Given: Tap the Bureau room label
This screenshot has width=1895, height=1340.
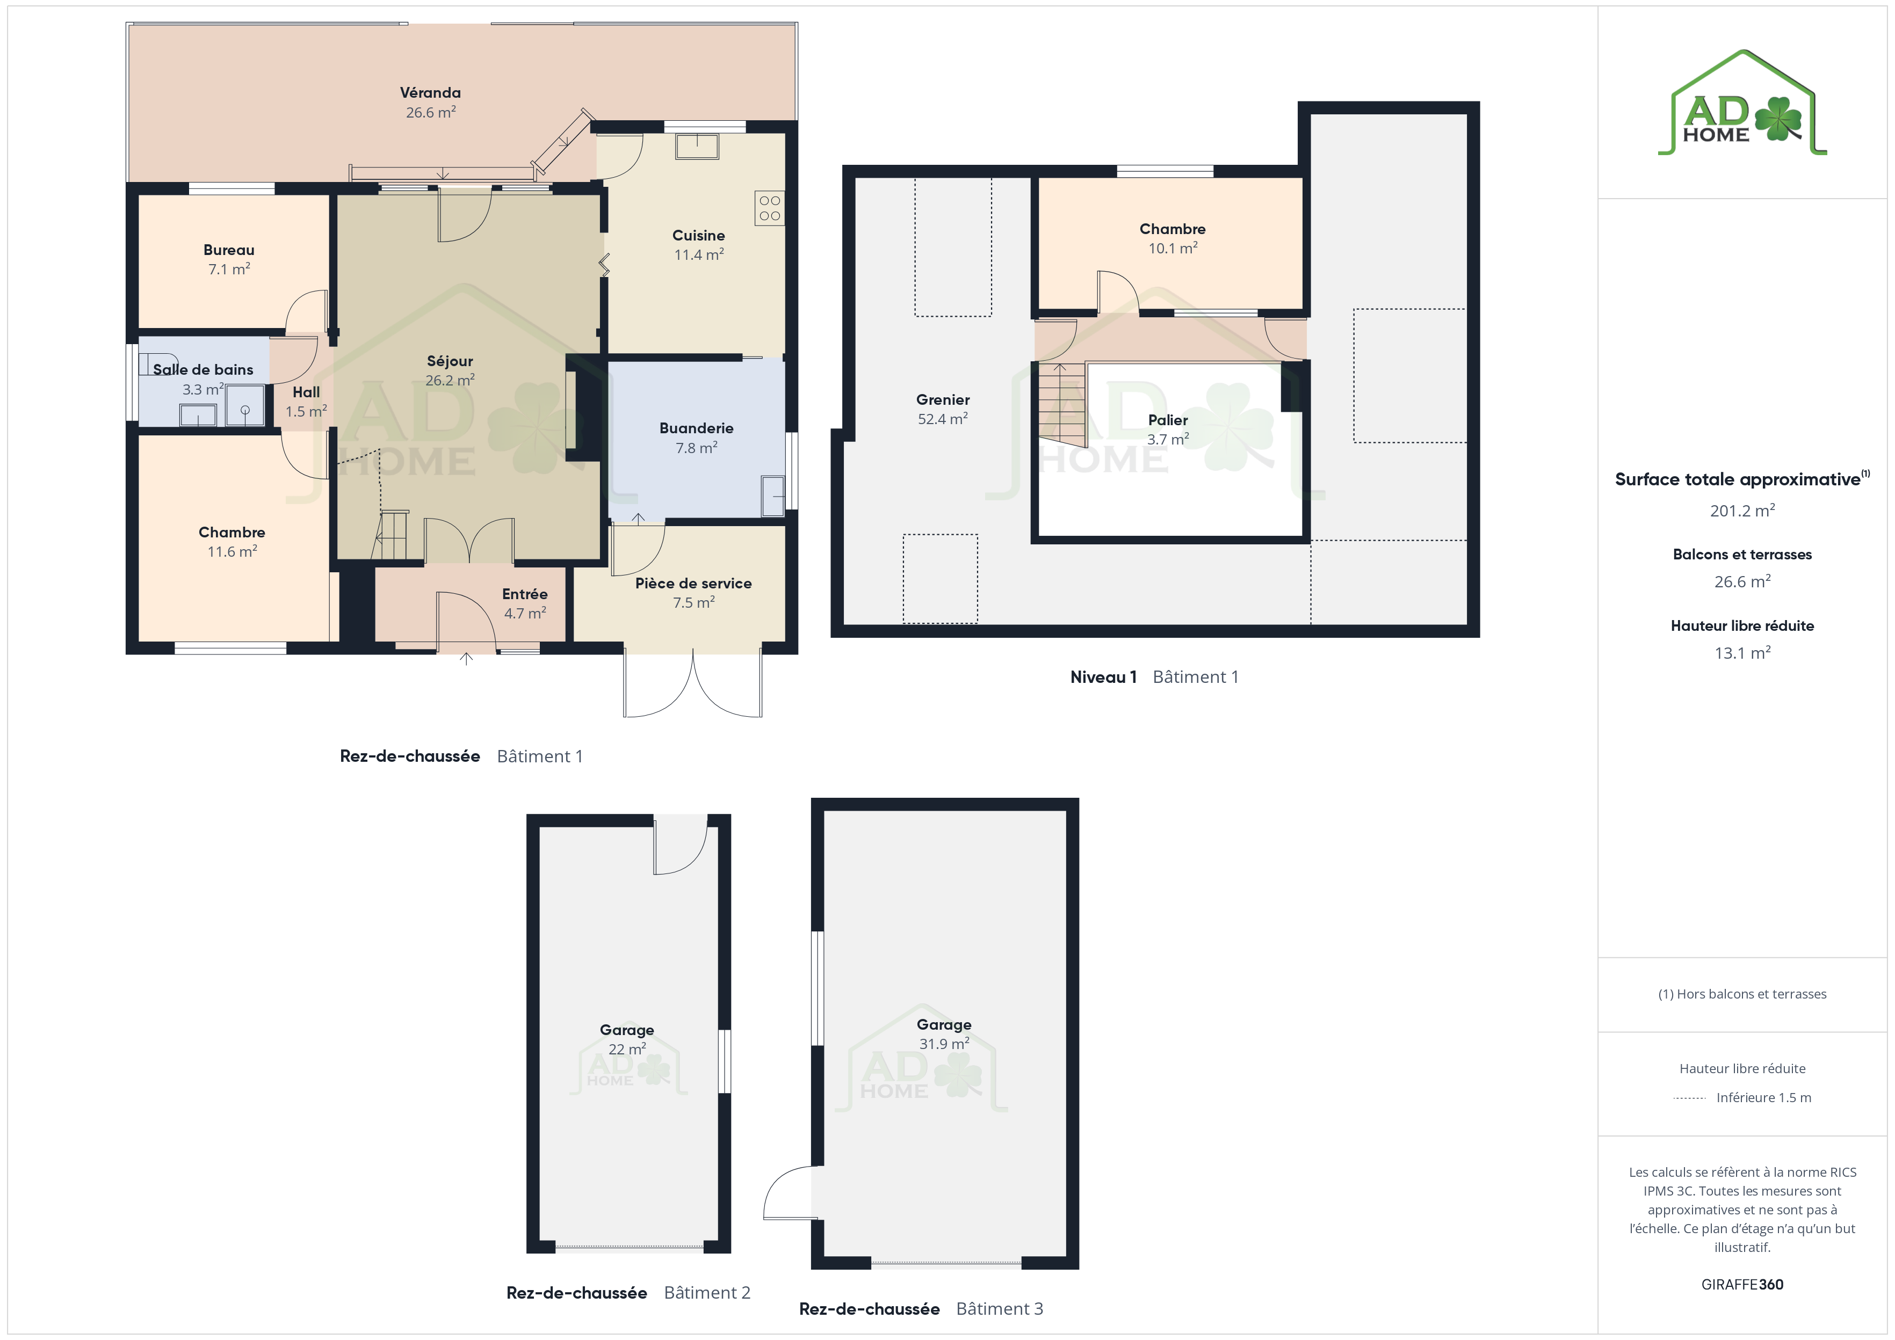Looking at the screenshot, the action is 229,250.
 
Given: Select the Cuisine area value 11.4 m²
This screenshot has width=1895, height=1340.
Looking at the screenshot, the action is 699,254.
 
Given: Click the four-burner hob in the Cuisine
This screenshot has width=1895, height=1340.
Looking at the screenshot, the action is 769,208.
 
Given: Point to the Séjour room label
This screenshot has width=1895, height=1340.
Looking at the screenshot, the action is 450,361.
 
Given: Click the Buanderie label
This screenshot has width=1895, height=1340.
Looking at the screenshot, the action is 696,428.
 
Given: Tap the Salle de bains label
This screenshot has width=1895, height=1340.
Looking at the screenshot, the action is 203,370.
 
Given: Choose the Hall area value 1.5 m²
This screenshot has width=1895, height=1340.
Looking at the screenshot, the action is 306,411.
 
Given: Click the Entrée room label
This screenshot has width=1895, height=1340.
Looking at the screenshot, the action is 525,594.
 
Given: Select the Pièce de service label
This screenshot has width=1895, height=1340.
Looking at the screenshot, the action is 693,584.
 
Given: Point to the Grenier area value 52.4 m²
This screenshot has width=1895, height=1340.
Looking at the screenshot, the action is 943,418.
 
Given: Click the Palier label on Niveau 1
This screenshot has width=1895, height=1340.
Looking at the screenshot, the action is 1168,420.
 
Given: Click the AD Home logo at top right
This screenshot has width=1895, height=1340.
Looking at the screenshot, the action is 1742,103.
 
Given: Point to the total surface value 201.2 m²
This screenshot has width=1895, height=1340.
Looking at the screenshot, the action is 1742,511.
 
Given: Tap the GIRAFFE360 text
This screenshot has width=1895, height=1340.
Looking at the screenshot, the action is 1742,1285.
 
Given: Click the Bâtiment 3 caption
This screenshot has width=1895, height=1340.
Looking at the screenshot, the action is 1000,1309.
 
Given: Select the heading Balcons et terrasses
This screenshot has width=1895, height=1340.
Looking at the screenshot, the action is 1742,555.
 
